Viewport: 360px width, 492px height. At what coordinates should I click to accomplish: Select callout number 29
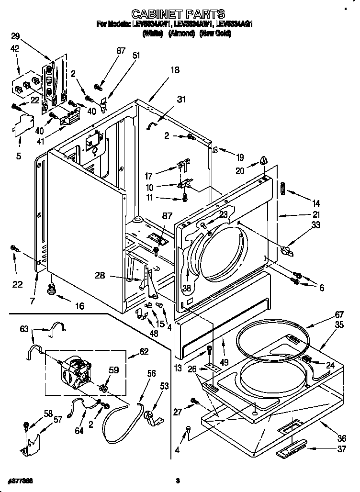pos(15,35)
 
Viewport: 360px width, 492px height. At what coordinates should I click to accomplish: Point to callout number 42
pos(15,48)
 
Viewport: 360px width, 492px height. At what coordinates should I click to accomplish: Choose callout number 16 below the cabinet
pos(79,306)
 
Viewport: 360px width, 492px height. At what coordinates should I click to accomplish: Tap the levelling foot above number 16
pos(49,289)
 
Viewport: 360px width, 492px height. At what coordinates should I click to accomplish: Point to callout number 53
pos(164,386)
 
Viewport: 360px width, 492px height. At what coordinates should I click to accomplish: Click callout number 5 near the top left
pos(18,156)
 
